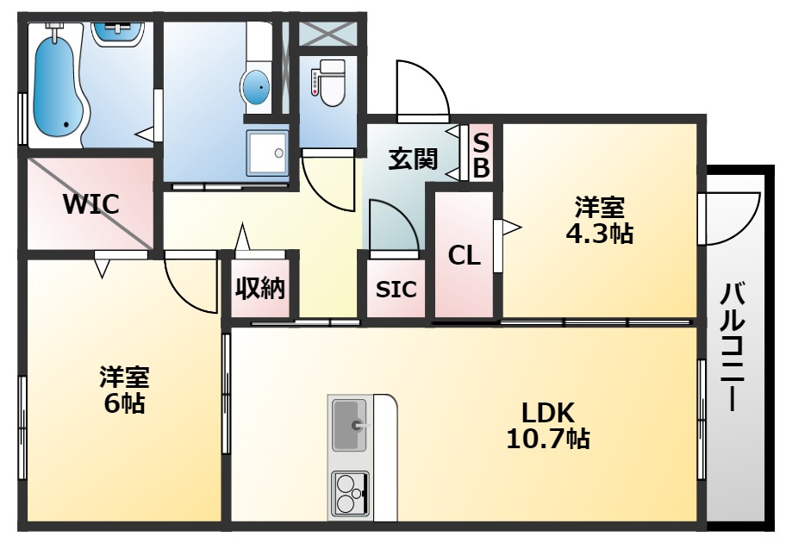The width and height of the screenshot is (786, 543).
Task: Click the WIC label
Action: point(90,205)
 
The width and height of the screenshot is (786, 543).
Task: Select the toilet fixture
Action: point(327,82)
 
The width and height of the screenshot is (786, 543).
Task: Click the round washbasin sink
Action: point(256,87)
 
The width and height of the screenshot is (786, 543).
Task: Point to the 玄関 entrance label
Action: point(413,159)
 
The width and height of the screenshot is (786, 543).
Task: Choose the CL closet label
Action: point(464,255)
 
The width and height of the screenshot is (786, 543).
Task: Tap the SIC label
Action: point(396,290)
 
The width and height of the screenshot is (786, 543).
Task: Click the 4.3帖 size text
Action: point(600,234)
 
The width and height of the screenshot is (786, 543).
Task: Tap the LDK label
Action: point(547,411)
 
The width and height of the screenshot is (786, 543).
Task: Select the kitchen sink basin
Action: point(350,424)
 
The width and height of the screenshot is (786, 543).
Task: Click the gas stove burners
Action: point(349,495)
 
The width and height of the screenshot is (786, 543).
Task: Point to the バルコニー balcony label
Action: point(734,345)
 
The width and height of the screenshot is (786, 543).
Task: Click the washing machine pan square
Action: point(268,153)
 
